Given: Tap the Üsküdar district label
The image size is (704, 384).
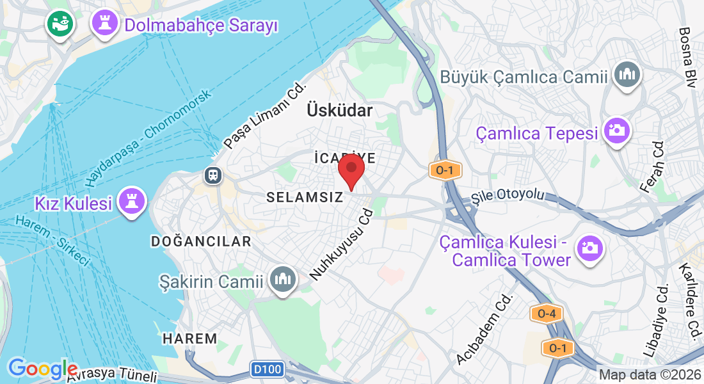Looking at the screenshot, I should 339,110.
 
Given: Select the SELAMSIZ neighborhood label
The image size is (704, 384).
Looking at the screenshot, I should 305,198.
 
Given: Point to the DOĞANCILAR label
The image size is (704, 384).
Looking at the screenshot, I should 201,241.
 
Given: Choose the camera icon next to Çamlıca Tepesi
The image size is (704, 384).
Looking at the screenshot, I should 618,131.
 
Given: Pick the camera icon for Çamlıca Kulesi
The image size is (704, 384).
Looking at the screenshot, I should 589,248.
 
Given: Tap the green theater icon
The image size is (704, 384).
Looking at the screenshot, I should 61,24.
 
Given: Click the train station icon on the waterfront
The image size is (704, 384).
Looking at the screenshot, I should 212,174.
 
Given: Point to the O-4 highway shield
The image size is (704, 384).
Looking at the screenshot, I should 546,314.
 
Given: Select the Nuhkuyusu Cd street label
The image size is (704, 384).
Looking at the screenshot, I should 341,244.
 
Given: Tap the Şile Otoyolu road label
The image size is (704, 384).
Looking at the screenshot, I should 507,195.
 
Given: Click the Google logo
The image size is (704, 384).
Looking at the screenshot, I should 42,368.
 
